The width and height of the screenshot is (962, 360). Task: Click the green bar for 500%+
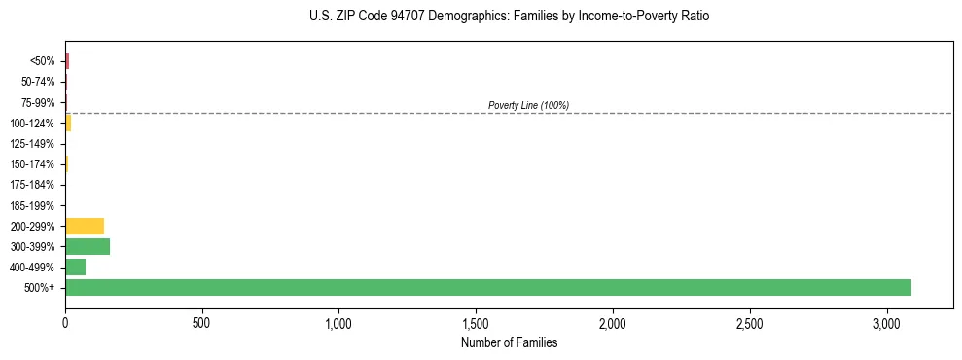(488, 287)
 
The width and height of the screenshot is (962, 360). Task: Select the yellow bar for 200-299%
(85, 226)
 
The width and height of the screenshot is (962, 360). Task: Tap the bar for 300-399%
(88, 246)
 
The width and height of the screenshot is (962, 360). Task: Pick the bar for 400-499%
(75, 267)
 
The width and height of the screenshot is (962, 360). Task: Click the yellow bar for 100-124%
(68, 123)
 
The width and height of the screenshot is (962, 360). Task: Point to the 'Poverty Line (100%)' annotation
(528, 105)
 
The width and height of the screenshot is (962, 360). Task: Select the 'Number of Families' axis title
(509, 342)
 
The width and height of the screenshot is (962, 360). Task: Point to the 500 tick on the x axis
(201, 322)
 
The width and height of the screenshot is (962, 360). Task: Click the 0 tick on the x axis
(65, 322)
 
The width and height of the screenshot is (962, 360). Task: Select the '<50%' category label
(43, 61)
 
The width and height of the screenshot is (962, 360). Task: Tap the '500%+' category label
(40, 288)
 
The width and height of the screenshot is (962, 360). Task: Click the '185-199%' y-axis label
(33, 205)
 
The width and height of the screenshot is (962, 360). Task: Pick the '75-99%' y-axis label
(38, 102)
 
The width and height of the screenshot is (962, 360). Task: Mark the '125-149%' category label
(33, 144)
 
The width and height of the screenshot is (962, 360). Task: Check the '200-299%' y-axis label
(33, 226)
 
